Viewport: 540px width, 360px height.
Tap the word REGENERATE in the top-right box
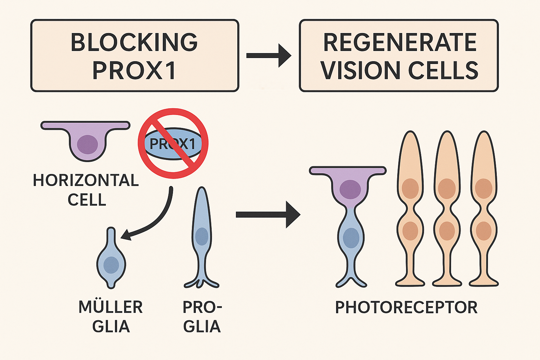click(x=399, y=42)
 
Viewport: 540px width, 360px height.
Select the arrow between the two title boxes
click(x=269, y=56)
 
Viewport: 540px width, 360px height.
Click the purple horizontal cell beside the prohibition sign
click(x=86, y=141)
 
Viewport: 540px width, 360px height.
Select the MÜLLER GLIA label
click(x=110, y=316)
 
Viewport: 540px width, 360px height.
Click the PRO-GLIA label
click(x=202, y=316)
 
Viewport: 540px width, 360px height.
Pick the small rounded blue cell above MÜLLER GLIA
click(x=111, y=260)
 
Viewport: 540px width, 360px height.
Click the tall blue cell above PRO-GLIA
click(x=201, y=236)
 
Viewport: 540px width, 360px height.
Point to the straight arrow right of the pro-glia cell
click(x=267, y=214)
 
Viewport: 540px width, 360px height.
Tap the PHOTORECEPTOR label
click(x=406, y=307)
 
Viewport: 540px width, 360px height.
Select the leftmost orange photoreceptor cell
click(x=410, y=207)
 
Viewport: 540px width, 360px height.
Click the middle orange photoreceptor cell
click(x=447, y=207)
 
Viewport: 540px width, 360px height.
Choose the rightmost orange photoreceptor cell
click(x=483, y=207)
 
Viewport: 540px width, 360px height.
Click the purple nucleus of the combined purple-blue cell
click(x=350, y=189)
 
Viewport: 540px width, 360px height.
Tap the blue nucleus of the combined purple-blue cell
click(x=351, y=238)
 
